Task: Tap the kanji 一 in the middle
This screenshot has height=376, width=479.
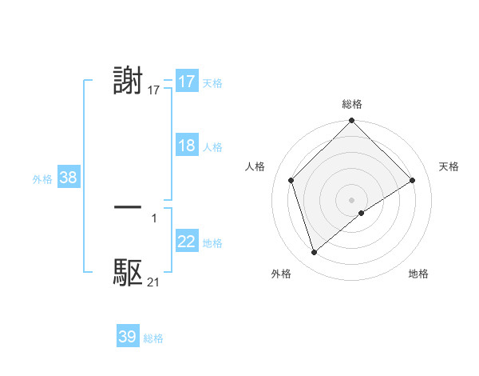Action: [129, 206]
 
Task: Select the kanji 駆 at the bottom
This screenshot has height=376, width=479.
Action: [129, 272]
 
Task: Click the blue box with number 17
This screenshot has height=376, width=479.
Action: [186, 82]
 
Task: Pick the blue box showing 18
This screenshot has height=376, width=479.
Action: [186, 146]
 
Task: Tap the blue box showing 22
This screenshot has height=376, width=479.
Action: [186, 242]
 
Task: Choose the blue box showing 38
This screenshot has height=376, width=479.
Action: [68, 178]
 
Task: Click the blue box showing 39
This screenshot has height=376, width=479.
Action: [127, 337]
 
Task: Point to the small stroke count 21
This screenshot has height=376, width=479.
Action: [153, 282]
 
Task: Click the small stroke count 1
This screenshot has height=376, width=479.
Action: [154, 218]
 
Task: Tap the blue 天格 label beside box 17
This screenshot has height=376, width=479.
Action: [212, 82]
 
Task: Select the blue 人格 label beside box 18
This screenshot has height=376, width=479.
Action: [212, 146]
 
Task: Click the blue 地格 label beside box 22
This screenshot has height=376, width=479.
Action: [212, 242]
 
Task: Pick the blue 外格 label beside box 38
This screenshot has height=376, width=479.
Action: [42, 179]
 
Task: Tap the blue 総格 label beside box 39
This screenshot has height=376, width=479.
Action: [153, 338]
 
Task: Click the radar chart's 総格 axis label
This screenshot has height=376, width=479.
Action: [352, 104]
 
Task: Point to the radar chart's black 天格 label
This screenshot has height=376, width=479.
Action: [449, 166]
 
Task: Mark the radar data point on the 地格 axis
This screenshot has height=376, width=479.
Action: [362, 213]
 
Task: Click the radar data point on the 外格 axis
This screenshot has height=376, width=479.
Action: [314, 253]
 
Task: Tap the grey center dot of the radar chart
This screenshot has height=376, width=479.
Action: [352, 199]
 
